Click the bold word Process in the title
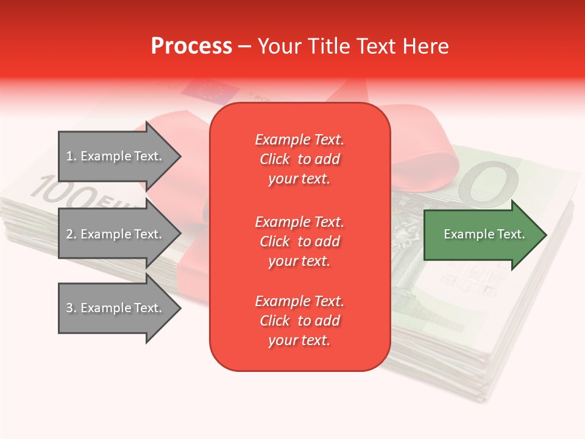(x=191, y=46)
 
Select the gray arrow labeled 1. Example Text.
(x=116, y=156)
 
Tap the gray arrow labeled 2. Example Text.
(x=116, y=234)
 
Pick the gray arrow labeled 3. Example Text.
(x=116, y=308)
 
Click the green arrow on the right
(x=481, y=234)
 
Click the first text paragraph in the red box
(x=299, y=159)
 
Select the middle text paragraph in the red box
(x=299, y=241)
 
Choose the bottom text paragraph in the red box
(x=299, y=321)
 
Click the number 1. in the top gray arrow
(x=71, y=156)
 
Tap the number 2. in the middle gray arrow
(x=71, y=234)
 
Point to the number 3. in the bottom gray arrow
(x=71, y=308)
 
